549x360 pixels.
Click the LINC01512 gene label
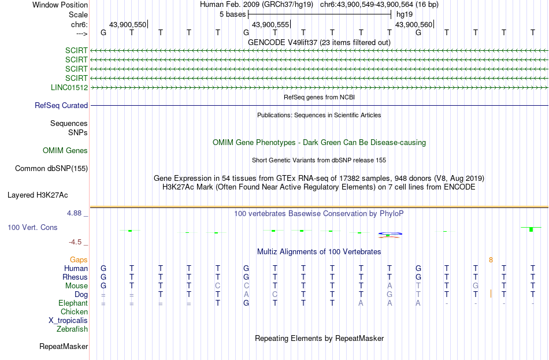[x=69, y=88]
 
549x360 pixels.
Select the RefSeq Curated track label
[x=61, y=105]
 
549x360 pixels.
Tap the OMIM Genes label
[x=65, y=151]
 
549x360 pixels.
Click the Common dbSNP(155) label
[x=51, y=169]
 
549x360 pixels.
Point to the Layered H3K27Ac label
[x=38, y=195]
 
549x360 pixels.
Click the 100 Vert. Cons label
[x=32, y=228]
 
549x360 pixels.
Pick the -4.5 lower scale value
[x=75, y=242]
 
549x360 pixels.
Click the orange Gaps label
[x=79, y=260]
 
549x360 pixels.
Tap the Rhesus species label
[x=75, y=277]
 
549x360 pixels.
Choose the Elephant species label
[x=73, y=303]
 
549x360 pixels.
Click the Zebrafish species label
[x=72, y=329]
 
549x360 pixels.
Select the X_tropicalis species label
[x=68, y=321]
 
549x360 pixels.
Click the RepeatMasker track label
[x=64, y=347]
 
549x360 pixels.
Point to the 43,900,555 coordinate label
[x=270, y=24]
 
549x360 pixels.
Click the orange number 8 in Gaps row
[x=491, y=260]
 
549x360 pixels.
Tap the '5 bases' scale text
[x=233, y=14]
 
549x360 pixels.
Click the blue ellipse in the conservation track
[x=390, y=233]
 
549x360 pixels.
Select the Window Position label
[x=60, y=5]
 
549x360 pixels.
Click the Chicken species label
[x=74, y=311]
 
